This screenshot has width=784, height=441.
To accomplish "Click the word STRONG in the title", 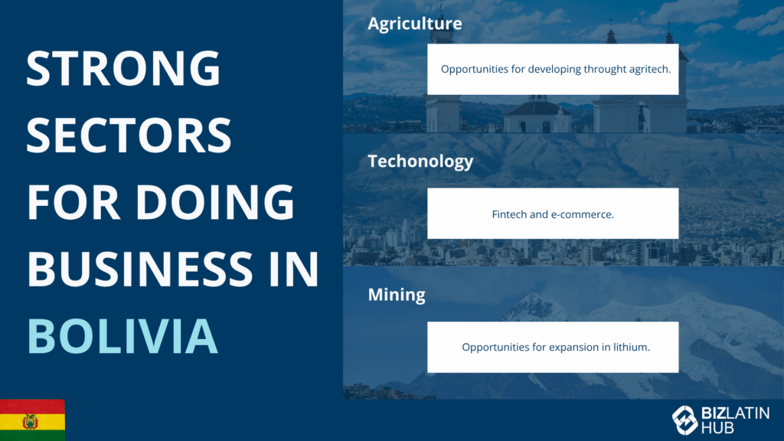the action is click(x=123, y=68).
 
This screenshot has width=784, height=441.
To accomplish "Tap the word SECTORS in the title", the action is click(x=129, y=135).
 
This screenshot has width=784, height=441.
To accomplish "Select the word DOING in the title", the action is click(x=215, y=201).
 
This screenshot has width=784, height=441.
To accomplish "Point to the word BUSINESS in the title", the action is click(x=140, y=269).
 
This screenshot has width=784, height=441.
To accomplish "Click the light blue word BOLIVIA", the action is click(x=122, y=336).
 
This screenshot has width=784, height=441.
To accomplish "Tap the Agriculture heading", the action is click(x=415, y=24).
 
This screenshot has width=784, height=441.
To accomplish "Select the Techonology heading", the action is click(x=420, y=161).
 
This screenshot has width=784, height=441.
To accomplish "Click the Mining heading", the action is click(x=397, y=295).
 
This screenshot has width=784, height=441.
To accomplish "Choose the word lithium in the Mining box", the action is click(x=632, y=347).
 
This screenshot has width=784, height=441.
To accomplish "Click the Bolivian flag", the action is click(x=32, y=420).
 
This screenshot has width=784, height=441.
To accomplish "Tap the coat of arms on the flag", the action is click(x=31, y=422).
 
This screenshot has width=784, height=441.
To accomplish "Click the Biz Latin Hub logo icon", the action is click(x=684, y=420).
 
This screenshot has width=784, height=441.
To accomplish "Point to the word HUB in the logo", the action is click(x=717, y=427).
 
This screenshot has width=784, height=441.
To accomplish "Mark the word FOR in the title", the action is click(x=73, y=201).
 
